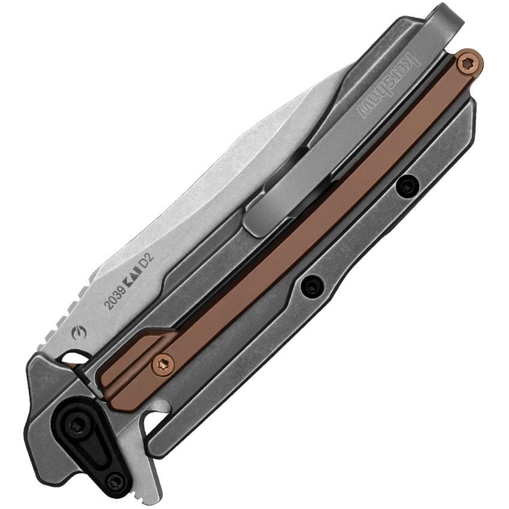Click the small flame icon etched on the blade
[x=79, y=334]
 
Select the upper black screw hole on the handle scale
[x=407, y=186]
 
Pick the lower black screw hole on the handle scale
[x=312, y=286]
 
